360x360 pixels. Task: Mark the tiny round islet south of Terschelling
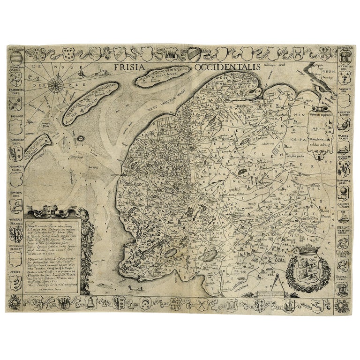pos(81,138)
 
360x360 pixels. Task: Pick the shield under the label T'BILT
pos(17,282)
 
